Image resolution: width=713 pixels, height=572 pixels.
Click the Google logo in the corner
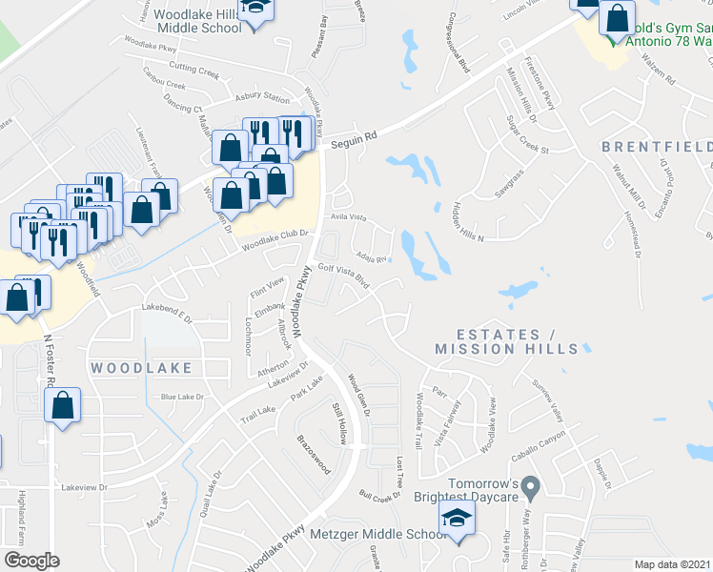(x=31, y=560)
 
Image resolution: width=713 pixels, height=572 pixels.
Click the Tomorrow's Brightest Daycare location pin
(x=533, y=487)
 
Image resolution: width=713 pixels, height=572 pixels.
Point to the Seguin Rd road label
(x=355, y=137)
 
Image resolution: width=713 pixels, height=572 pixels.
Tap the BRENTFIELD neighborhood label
(x=657, y=146)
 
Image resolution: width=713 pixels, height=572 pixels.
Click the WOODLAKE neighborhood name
(x=141, y=367)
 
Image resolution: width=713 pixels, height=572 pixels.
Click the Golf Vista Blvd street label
(x=343, y=275)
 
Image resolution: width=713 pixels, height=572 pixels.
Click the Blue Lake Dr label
(x=182, y=397)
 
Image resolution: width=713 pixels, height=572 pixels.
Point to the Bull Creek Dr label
(x=379, y=496)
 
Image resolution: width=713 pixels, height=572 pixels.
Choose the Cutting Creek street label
(x=194, y=69)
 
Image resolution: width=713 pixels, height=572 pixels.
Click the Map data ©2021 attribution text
(x=673, y=564)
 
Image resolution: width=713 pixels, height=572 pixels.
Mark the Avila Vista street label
(x=348, y=216)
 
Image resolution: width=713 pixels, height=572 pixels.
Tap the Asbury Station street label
(x=262, y=99)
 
